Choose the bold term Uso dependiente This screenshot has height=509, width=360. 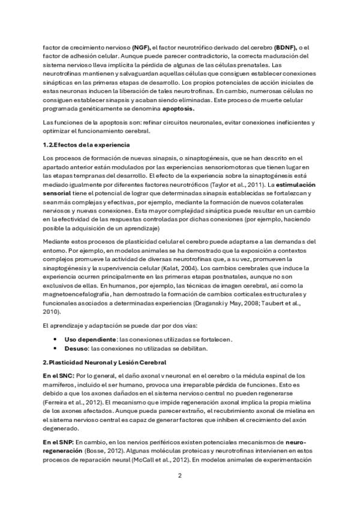(91, 339)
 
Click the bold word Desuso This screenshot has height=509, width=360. (76, 348)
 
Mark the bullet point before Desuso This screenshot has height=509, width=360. (56, 348)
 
